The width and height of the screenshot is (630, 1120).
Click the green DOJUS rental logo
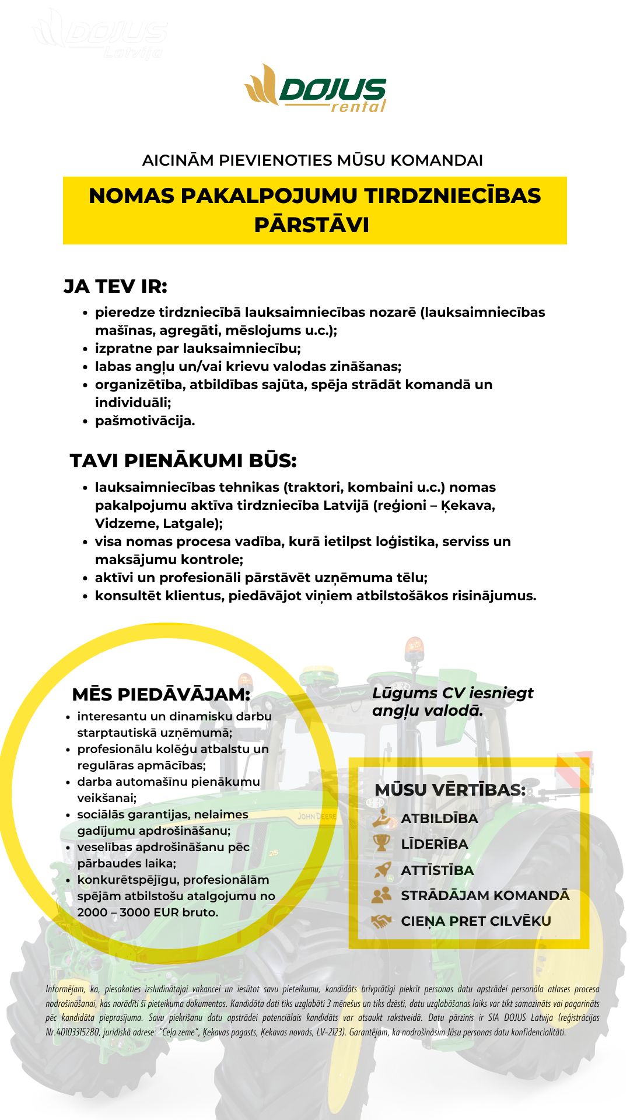tap(316, 89)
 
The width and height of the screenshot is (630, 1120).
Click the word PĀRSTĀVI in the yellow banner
tap(312, 225)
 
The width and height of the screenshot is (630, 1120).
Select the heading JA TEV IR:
tap(116, 286)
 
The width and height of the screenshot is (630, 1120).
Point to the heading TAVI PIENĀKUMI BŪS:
tap(183, 460)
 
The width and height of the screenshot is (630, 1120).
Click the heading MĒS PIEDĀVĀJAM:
tap(161, 694)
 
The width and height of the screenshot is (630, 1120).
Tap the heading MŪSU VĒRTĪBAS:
tap(450, 790)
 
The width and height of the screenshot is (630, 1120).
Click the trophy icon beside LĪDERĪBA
tap(381, 843)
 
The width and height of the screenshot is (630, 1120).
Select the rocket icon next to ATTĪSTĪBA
tap(381, 870)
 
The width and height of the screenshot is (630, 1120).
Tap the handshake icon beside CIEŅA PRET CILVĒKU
tap(381, 921)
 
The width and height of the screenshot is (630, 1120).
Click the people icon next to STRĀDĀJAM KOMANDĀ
tap(381, 895)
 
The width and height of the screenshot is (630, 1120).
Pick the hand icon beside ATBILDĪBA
tap(381, 818)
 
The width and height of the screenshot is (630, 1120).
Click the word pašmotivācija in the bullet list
tap(144, 421)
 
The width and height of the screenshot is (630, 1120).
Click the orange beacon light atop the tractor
tap(414, 647)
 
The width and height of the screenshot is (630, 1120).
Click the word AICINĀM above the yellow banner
tap(178, 160)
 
